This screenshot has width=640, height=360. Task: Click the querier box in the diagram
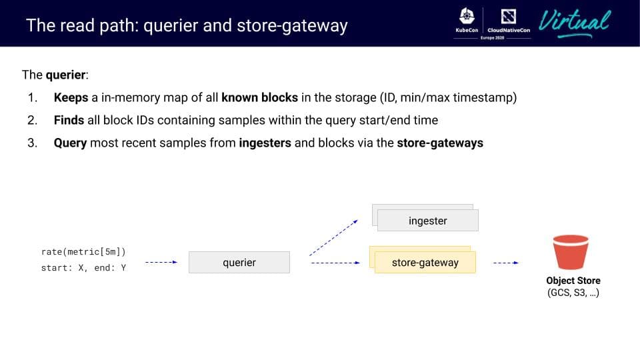[x=239, y=262]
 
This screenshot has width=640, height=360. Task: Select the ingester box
[x=428, y=221]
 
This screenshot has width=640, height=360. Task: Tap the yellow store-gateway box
[x=425, y=262]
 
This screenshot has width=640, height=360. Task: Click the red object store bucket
[x=571, y=252]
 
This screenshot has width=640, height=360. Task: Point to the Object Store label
[x=573, y=281]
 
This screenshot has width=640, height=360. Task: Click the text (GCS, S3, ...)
[x=573, y=293]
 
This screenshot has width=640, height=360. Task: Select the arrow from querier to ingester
[x=333, y=238]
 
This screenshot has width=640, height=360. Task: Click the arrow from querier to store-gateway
[x=335, y=263]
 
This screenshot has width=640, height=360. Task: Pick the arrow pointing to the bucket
[x=506, y=263]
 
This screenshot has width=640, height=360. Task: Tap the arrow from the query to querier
[x=161, y=262]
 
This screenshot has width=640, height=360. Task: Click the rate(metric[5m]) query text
[x=83, y=252]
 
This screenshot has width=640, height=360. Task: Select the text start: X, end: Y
[x=83, y=268]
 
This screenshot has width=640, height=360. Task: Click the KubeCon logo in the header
[x=467, y=20]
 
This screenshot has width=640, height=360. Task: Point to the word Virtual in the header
[x=575, y=23]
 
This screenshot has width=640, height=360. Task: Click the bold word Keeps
[x=71, y=97]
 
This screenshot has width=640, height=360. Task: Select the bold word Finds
[x=69, y=120]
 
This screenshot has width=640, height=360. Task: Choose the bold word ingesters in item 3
[x=265, y=143]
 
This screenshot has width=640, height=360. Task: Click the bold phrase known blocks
[x=259, y=97]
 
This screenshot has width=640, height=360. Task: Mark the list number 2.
[x=32, y=120]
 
